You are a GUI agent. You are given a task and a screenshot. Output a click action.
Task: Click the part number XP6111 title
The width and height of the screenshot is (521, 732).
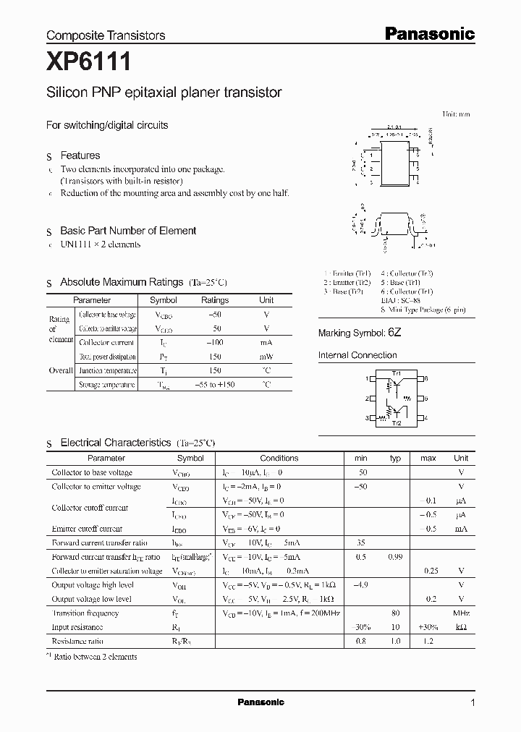(x=88, y=64)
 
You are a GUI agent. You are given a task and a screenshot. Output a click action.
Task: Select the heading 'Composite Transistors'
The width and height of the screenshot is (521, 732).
(x=106, y=35)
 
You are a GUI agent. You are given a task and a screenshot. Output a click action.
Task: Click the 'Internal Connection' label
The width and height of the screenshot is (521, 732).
(x=357, y=355)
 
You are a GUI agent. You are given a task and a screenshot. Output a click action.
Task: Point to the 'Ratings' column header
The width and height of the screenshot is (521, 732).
(x=215, y=300)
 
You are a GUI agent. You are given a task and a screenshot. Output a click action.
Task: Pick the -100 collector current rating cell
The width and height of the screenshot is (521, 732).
(x=215, y=342)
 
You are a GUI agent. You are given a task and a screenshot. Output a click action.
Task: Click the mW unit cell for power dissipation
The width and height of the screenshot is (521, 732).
(x=266, y=356)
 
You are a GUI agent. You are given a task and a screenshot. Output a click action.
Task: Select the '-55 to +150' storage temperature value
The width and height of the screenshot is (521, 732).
(x=215, y=385)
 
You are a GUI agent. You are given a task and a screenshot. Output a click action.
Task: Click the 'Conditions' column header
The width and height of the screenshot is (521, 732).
(x=279, y=458)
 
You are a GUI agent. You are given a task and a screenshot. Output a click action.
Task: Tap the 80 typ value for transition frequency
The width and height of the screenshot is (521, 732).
(x=396, y=613)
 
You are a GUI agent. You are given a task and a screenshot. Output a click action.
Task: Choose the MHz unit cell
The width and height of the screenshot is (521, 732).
(x=461, y=613)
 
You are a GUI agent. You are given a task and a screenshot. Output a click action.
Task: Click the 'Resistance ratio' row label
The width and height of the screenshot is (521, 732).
(x=77, y=642)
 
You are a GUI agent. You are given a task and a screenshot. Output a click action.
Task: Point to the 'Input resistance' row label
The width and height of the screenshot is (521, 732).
(x=77, y=627)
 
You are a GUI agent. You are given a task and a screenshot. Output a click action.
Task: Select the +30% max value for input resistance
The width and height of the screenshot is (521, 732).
(x=428, y=627)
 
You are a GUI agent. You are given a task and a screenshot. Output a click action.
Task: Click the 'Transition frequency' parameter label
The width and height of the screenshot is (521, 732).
(x=85, y=613)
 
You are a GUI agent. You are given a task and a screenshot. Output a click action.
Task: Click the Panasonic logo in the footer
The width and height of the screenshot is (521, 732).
(x=261, y=702)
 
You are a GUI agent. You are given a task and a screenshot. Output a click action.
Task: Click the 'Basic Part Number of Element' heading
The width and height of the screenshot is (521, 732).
(x=128, y=231)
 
